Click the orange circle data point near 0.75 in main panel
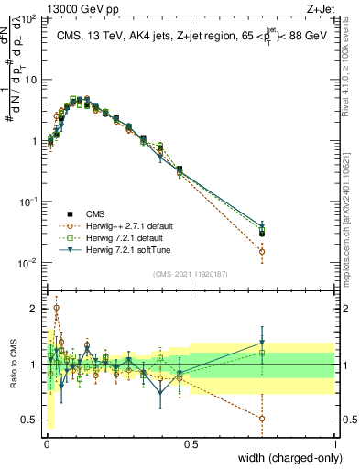pos(263,251)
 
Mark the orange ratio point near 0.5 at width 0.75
pos(263,418)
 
